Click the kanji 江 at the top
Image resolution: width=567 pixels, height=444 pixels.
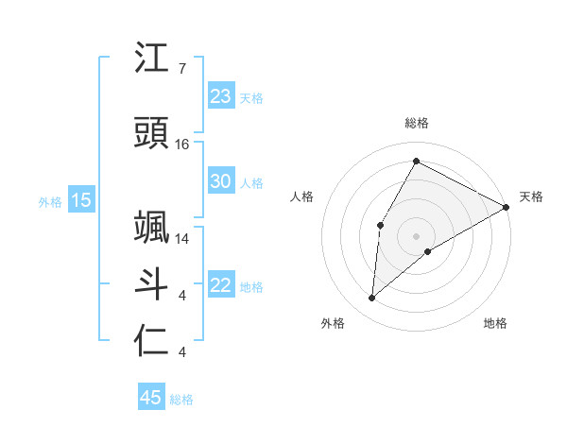(152, 59)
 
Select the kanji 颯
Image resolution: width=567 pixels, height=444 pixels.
(152, 228)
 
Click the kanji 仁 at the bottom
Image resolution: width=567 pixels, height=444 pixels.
(152, 341)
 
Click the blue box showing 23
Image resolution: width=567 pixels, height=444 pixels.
(221, 96)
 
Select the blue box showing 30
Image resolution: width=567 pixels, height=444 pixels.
(221, 181)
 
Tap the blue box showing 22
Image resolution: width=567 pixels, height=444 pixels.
(221, 285)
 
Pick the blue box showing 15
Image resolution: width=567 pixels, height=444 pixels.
(81, 200)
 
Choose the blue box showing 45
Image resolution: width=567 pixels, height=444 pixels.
(151, 398)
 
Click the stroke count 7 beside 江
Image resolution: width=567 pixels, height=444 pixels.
(181, 69)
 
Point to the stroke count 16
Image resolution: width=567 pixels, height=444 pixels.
(182, 145)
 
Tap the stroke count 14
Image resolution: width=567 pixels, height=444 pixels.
(182, 239)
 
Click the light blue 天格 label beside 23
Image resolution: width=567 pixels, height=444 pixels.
(251, 97)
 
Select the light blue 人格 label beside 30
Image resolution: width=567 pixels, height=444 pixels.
(251, 182)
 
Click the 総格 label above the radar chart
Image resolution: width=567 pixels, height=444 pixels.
(416, 124)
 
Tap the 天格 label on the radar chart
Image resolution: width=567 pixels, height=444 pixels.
(531, 196)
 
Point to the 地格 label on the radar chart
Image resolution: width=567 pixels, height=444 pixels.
(495, 323)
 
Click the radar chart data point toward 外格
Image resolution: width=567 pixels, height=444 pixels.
(372, 299)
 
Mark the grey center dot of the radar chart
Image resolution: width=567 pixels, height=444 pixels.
(416, 235)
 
